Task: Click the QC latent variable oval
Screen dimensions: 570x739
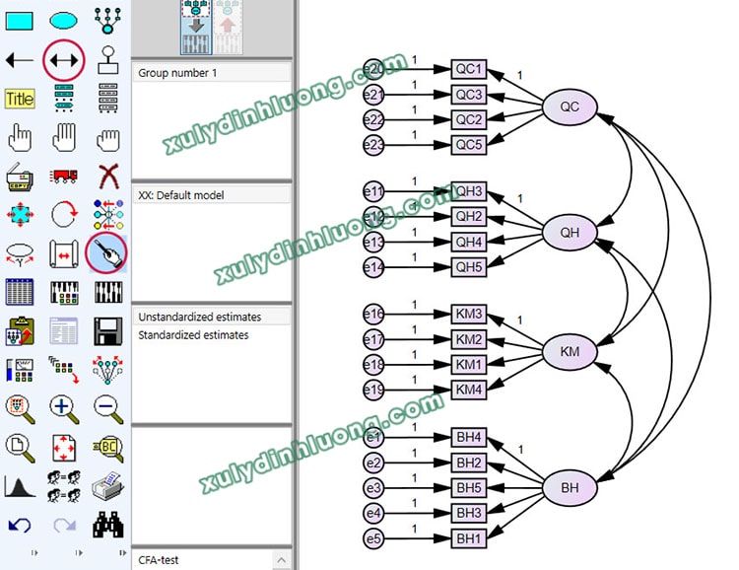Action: pyautogui.click(x=570, y=107)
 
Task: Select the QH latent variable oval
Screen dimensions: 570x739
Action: pyautogui.click(x=570, y=232)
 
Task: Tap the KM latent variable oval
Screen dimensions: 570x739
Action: pyautogui.click(x=570, y=351)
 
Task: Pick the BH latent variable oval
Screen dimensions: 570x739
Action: pyautogui.click(x=570, y=487)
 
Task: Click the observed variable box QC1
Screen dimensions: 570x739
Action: pyautogui.click(x=469, y=69)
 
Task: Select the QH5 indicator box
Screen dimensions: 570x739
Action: pyautogui.click(x=469, y=266)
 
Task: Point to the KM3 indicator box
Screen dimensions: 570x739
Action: pyautogui.click(x=469, y=315)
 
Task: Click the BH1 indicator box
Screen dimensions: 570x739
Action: pyautogui.click(x=469, y=538)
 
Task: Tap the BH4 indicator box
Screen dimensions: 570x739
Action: pyautogui.click(x=469, y=437)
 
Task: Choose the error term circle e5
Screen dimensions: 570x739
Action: pyautogui.click(x=374, y=538)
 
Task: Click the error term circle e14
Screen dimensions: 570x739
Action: pyautogui.click(x=374, y=266)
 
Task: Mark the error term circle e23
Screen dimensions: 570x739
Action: pyautogui.click(x=374, y=145)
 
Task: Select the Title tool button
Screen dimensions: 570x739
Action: pyautogui.click(x=20, y=99)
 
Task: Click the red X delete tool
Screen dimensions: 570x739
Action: pyautogui.click(x=108, y=177)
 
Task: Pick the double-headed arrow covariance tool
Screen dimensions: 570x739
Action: pyautogui.click(x=64, y=60)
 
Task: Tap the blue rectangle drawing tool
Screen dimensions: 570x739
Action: pyautogui.click(x=20, y=19)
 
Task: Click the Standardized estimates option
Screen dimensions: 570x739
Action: pyautogui.click(x=193, y=335)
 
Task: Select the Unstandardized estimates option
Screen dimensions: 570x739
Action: pyautogui.click(x=199, y=318)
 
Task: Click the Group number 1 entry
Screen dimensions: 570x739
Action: pyautogui.click(x=177, y=73)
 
